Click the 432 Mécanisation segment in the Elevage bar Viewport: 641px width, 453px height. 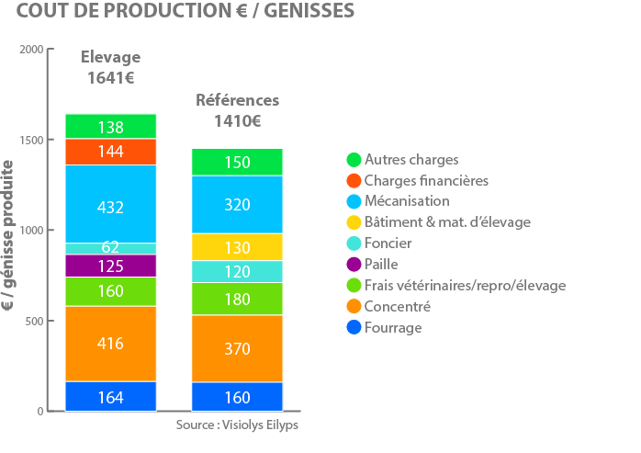(x=111, y=204)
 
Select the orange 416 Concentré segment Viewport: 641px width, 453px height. (x=111, y=344)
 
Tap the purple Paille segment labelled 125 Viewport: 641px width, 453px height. (x=111, y=266)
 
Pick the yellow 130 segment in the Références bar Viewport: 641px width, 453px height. (x=237, y=247)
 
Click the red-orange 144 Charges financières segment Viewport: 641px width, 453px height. (x=111, y=152)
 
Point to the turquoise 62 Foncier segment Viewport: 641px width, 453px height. (x=111, y=249)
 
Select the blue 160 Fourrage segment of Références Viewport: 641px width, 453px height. (x=237, y=397)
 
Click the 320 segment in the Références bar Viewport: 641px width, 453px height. (x=237, y=205)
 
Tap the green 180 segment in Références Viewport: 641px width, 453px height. (x=237, y=299)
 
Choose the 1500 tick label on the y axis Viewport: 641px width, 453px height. (x=31, y=140)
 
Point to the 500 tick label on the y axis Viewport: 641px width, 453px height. (x=34, y=322)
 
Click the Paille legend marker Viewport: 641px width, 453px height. (x=354, y=265)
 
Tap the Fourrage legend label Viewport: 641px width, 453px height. (x=393, y=328)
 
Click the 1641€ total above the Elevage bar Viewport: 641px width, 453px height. (x=111, y=78)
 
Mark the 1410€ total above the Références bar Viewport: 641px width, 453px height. (x=238, y=121)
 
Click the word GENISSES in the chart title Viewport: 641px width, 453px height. (x=309, y=11)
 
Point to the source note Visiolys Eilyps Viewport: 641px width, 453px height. (x=260, y=425)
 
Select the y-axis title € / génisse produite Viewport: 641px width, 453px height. (x=8, y=235)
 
